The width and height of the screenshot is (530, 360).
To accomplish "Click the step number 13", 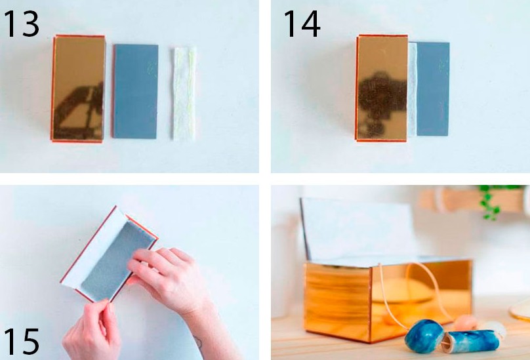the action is pos(21,24).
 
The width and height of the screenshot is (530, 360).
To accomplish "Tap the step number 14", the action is pos(302,24).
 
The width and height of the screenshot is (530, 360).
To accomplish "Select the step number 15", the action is pos(21,342).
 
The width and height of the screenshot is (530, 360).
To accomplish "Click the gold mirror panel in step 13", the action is pos(79,89).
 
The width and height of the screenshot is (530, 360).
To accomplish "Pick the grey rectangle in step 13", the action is pos(135,91).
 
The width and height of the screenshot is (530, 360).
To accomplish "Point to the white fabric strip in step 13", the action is pos(184,94).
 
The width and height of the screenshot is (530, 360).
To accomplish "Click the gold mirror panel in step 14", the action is pos(382,88).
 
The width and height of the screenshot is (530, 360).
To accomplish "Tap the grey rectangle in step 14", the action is pos(433,89).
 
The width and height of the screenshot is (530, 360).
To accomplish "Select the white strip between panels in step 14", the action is pos(413,90).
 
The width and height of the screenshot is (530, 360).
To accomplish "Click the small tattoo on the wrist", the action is pos(197,343).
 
